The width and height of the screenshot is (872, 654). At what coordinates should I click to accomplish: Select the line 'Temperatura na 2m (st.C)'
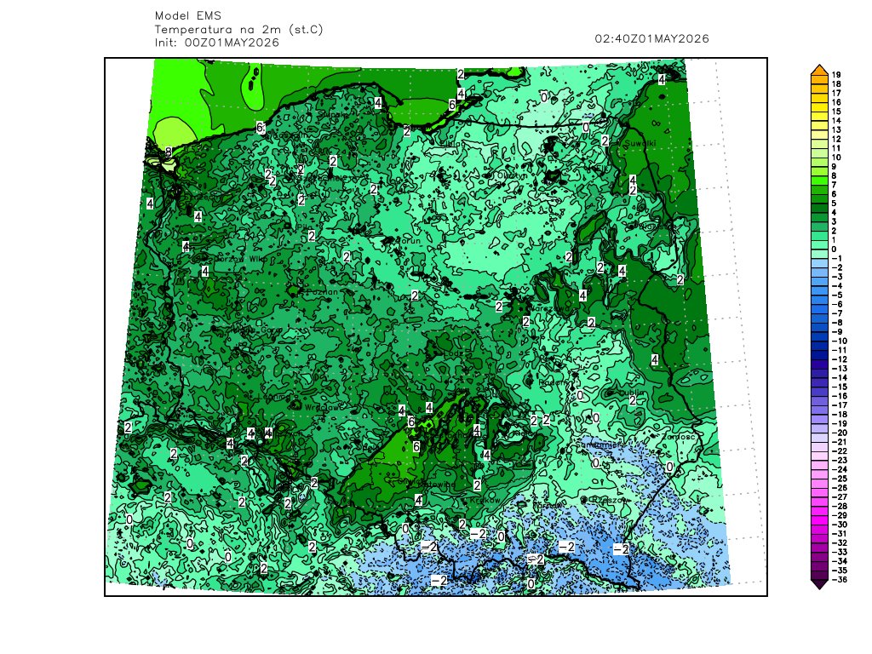[239, 29]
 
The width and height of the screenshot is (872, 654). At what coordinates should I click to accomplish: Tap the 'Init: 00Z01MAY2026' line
[217, 42]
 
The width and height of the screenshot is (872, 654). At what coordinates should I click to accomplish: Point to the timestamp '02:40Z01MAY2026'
[652, 38]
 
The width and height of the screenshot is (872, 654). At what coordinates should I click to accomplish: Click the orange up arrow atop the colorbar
[818, 69]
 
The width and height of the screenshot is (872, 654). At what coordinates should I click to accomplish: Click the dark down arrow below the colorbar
[818, 584]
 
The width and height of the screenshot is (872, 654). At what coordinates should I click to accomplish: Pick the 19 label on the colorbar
[836, 75]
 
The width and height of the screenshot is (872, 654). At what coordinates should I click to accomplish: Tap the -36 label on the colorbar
[838, 580]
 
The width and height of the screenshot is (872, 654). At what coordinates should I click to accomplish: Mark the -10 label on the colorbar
[838, 341]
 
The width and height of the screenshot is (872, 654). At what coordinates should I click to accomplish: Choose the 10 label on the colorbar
[836, 158]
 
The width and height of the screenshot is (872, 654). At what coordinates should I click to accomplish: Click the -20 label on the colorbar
[838, 433]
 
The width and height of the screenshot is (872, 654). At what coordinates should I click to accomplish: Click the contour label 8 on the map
[169, 152]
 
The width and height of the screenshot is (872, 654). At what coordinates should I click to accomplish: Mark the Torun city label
[410, 243]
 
